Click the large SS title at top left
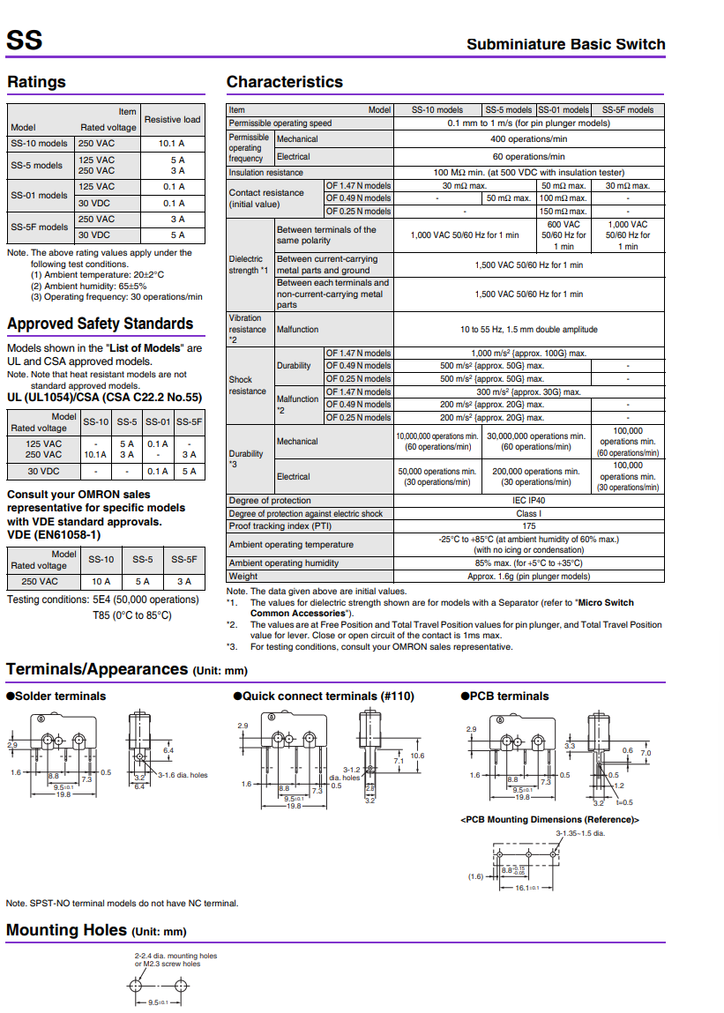(x=24, y=41)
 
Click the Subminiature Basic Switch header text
(x=565, y=44)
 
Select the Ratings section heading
(x=37, y=82)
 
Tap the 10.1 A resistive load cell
(x=171, y=143)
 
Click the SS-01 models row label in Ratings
(x=39, y=195)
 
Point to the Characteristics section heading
(x=284, y=82)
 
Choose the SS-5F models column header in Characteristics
(x=627, y=110)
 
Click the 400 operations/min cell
(x=528, y=139)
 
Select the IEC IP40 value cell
(x=528, y=501)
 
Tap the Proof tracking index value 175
(x=528, y=525)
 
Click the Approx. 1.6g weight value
(x=528, y=576)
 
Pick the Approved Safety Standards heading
(x=100, y=324)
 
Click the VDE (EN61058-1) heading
(x=54, y=534)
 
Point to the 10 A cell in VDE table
(x=101, y=581)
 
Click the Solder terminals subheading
(x=60, y=696)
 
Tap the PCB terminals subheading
(x=509, y=696)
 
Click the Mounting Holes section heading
(x=67, y=930)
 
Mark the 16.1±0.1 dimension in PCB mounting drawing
(x=527, y=888)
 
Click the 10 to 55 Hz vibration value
(x=528, y=329)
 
